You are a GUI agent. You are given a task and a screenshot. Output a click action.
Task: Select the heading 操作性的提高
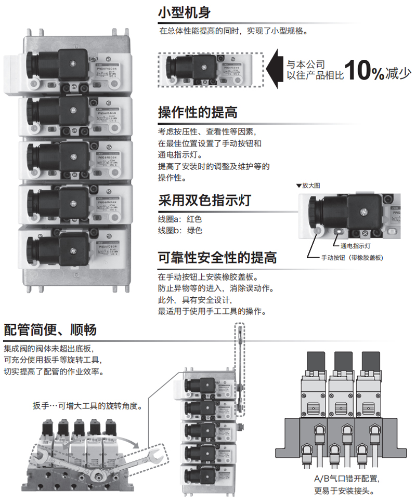tap(197, 112)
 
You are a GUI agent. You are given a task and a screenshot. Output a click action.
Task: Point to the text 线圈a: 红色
tap(179, 219)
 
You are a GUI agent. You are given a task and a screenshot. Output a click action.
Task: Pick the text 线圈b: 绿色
tap(179, 230)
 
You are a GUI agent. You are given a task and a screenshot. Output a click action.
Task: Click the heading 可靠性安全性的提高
tap(217, 257)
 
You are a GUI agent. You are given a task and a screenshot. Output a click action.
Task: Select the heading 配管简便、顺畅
tap(50, 329)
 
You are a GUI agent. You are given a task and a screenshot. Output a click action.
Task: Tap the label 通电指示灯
tap(355, 245)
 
